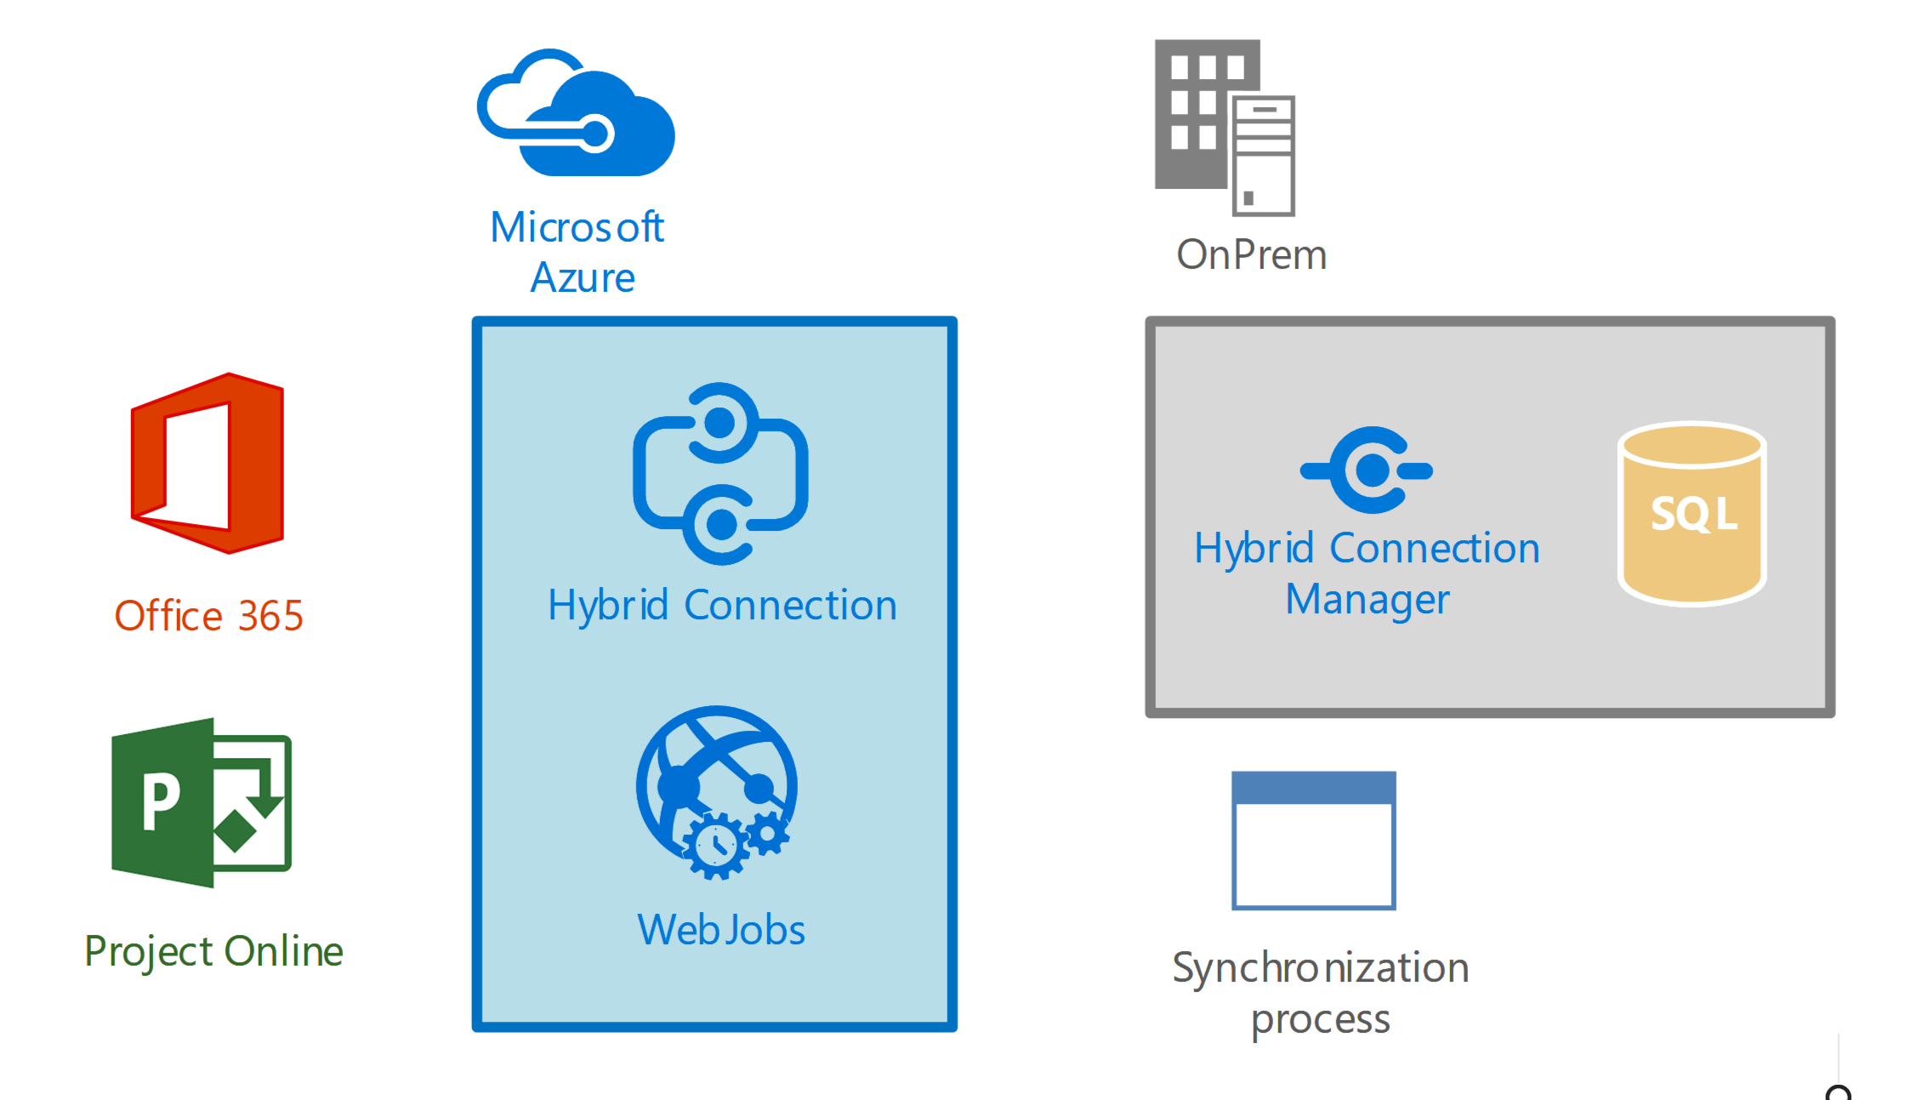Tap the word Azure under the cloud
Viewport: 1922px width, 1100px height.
tap(583, 278)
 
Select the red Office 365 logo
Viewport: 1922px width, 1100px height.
tap(208, 464)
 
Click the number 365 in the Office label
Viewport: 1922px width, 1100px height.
tap(270, 616)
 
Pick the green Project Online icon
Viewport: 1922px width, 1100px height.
tap(202, 802)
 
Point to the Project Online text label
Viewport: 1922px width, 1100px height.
tap(213, 951)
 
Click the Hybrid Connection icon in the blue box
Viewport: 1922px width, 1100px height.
tap(720, 474)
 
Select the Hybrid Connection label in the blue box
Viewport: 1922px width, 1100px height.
tap(722, 606)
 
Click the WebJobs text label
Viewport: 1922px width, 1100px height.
tap(721, 930)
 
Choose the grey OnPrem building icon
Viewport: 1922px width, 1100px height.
tap(1224, 128)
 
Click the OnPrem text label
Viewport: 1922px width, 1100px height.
tap(1251, 255)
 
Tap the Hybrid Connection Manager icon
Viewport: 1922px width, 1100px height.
tap(1367, 470)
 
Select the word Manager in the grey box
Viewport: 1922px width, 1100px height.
tap(1367, 600)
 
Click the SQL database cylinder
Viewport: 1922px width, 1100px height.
tap(1692, 514)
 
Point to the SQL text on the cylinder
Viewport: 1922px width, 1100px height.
tap(1693, 514)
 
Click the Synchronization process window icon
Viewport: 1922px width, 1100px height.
tap(1314, 841)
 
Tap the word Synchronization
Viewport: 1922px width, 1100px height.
tap(1321, 968)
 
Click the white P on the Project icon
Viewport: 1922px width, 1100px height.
tap(161, 801)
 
